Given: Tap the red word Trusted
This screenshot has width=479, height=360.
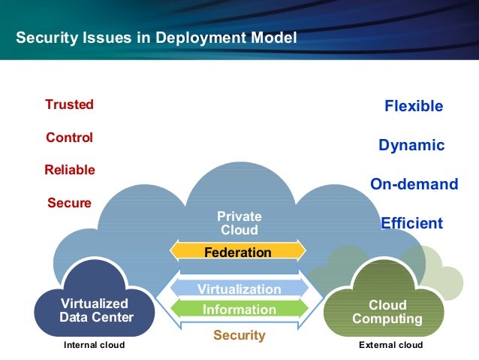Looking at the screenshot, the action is coord(69,104).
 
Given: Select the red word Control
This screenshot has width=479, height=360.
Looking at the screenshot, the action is coord(69,138).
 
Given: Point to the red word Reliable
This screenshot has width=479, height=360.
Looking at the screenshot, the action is coord(69,170).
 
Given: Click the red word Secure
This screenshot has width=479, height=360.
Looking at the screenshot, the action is coord(69,203).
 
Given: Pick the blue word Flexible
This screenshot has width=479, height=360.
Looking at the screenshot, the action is coord(414,106).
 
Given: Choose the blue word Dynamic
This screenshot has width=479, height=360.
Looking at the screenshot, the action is coord(411,145).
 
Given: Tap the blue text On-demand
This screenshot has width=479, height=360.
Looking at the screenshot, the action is coord(414,184).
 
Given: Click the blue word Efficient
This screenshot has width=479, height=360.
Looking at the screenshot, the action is coord(411,223).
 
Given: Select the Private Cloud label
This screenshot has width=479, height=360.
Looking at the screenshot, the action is coord(239,223).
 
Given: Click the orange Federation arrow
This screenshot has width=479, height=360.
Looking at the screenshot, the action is coord(238,252).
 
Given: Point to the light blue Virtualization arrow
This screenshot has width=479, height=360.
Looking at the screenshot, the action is coord(239,289).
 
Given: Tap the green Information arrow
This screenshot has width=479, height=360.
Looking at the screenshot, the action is coord(239,309).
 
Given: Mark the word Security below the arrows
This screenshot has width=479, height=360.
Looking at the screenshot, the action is coord(239,335).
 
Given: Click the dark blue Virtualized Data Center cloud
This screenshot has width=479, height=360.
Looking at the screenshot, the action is coord(95,310).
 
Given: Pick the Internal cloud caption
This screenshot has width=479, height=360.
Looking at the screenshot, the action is coord(94,345).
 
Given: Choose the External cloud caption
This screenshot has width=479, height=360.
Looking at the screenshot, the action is coord(391,345).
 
